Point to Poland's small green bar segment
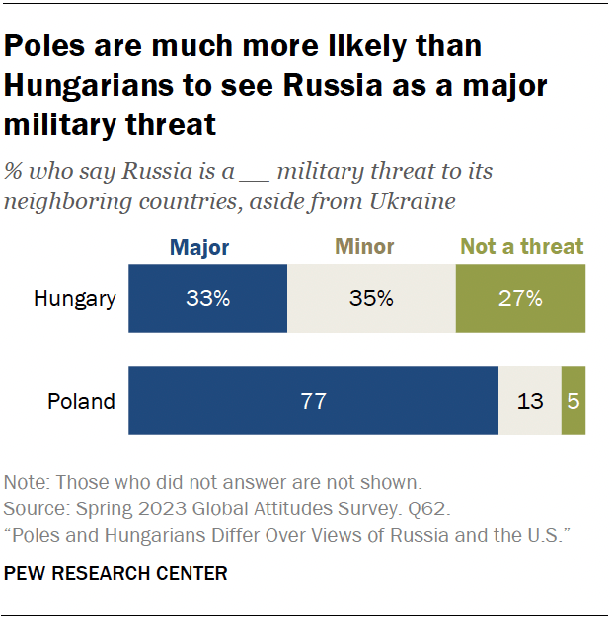pyautogui.click(x=573, y=401)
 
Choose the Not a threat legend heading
pyautogui.click(x=522, y=246)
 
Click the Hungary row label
pyautogui.click(x=75, y=297)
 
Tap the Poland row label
pyautogui.click(x=82, y=401)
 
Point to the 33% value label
pyautogui.click(x=208, y=297)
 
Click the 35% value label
pyautogui.click(x=371, y=297)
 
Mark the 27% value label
pyautogui.click(x=520, y=297)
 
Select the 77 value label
pyautogui.click(x=313, y=401)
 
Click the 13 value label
pyautogui.click(x=530, y=401)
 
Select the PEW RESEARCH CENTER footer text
pyautogui.click(x=115, y=573)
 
